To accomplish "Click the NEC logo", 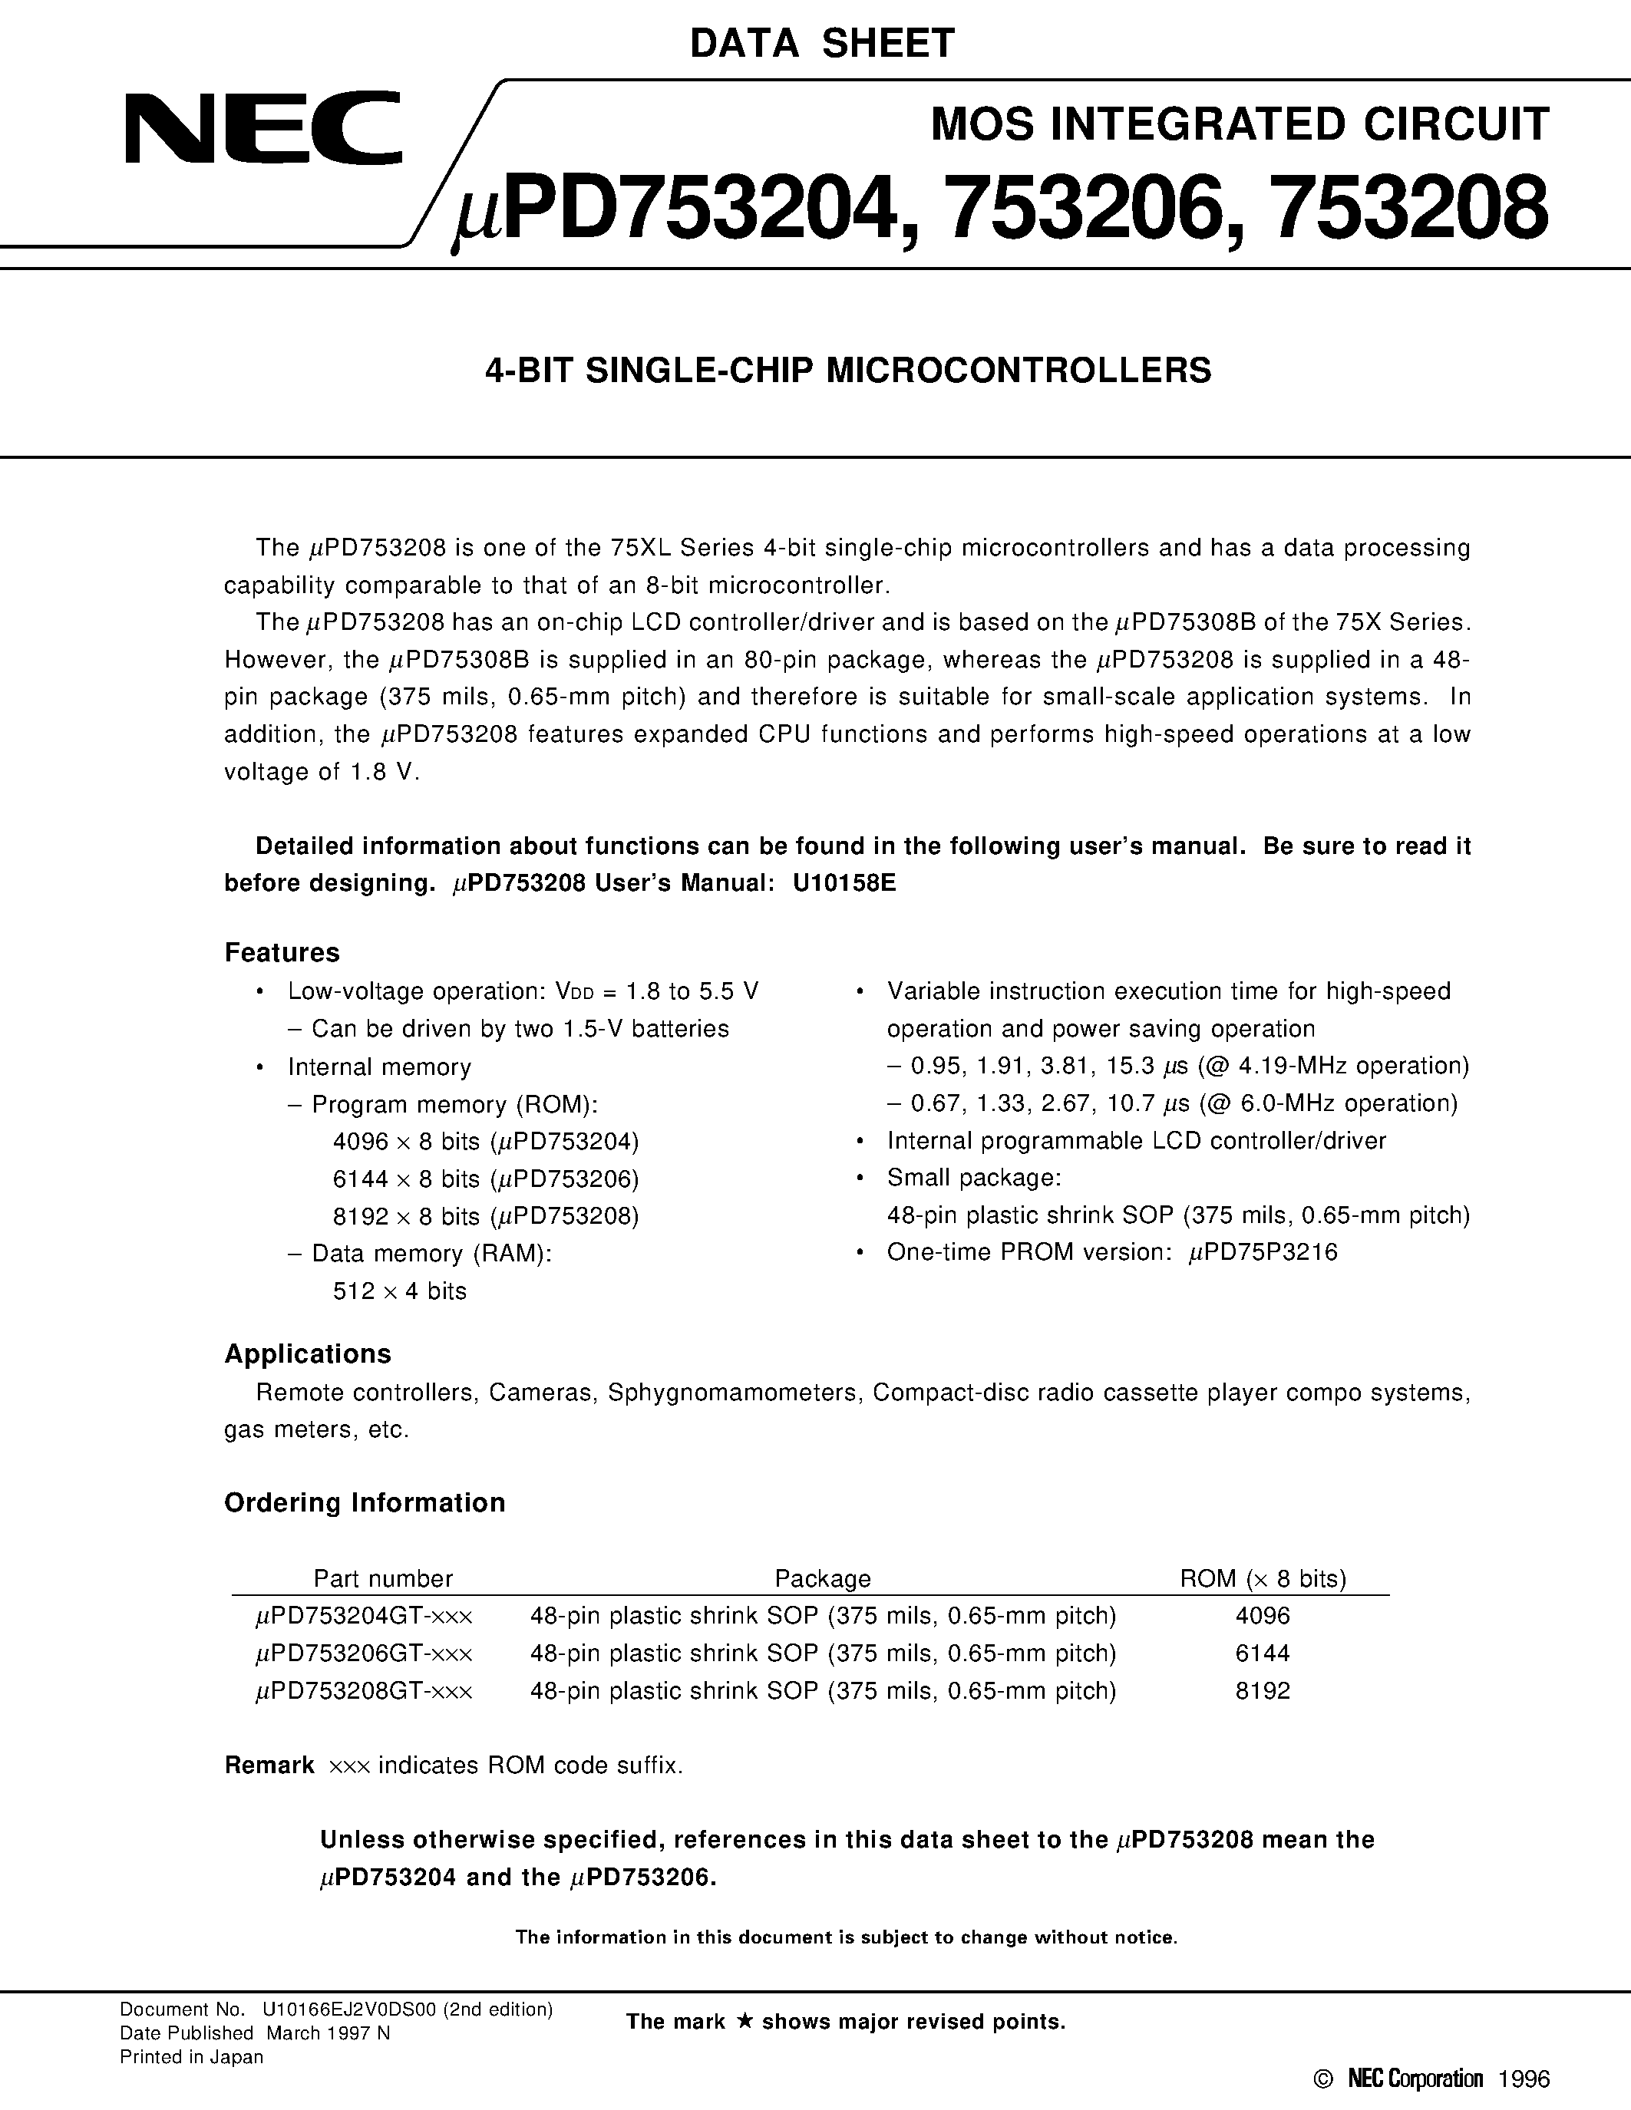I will [262, 128].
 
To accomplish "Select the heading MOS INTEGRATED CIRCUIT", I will [1240, 124].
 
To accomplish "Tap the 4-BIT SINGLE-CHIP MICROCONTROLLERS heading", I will [847, 371].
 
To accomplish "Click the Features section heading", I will [282, 953].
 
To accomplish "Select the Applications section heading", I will [307, 1353].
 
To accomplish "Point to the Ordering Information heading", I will [365, 1502].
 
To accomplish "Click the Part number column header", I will [383, 1578].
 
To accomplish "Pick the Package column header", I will [822, 1578].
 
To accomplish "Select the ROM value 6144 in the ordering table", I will [1262, 1653].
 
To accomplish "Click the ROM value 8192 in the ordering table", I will [1262, 1691].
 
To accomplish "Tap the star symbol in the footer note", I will [743, 2021].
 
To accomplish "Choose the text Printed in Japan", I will [191, 2057].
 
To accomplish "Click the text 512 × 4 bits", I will [399, 1291].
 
